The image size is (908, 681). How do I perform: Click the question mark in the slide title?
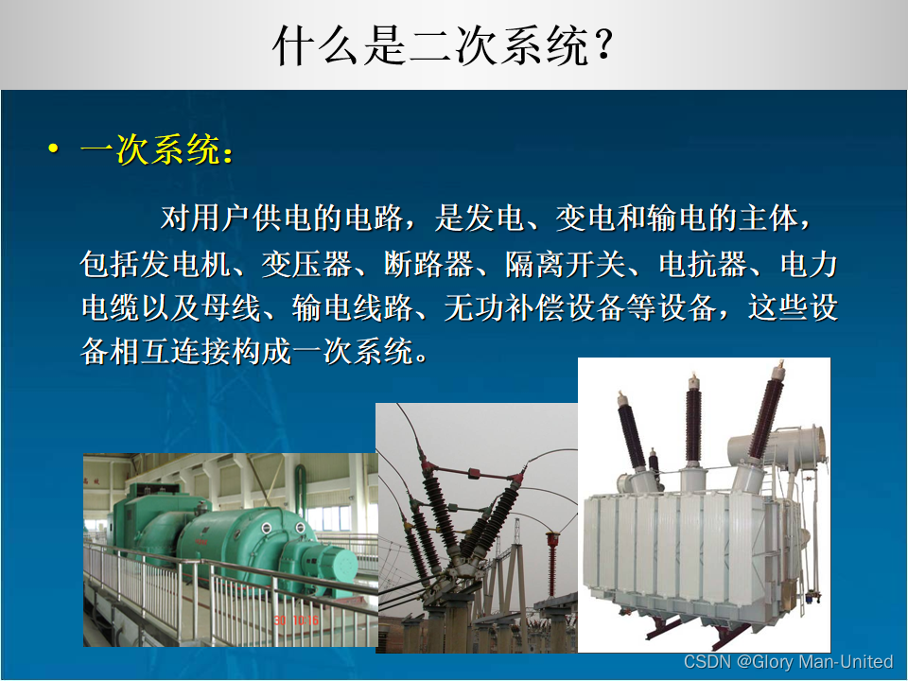pyautogui.click(x=603, y=45)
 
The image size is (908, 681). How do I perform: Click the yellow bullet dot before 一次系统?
pyautogui.click(x=54, y=148)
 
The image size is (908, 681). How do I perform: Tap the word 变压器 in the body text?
pyautogui.click(x=306, y=264)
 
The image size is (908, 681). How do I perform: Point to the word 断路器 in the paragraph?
pyautogui.click(x=428, y=264)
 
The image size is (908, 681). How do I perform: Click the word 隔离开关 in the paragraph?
pyautogui.click(x=566, y=264)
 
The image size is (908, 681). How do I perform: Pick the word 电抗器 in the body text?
pyautogui.click(x=703, y=264)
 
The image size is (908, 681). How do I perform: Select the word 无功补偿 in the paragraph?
pyautogui.click(x=504, y=307)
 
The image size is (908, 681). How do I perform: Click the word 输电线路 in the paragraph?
pyautogui.click(x=352, y=307)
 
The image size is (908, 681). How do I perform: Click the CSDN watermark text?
pyautogui.click(x=788, y=661)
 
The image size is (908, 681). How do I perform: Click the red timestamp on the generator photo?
pyautogui.click(x=296, y=620)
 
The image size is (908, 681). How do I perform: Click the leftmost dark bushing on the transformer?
pyautogui.click(x=630, y=430)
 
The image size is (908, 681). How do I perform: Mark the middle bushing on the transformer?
pyautogui.click(x=693, y=419)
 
